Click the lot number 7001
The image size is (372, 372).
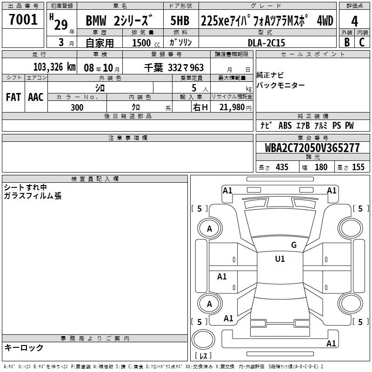pos(23,20)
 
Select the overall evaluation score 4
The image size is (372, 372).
pos(354,21)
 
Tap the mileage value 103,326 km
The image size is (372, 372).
pos(54,67)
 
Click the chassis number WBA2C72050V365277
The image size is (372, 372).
pos(312,148)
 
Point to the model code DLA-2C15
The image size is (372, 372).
pos(266,43)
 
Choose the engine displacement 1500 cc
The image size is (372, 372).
pos(146,43)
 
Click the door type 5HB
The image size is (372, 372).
pos(180,20)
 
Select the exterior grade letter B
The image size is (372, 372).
pos(347,42)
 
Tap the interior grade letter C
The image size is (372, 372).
pos(362,42)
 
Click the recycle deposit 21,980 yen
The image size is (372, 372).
pos(235,107)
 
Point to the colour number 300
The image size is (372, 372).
pos(77,107)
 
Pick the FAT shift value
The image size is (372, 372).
pos(13,97)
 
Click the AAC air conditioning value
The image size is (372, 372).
pos(36,97)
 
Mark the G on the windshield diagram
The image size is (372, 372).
pos(294,245)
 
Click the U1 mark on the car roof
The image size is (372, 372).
pos(280,259)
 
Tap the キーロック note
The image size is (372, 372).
pos(24,347)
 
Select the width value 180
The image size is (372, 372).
pos(321,167)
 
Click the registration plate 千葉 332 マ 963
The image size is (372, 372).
pos(174,68)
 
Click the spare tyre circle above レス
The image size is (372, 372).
pos(203,339)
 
